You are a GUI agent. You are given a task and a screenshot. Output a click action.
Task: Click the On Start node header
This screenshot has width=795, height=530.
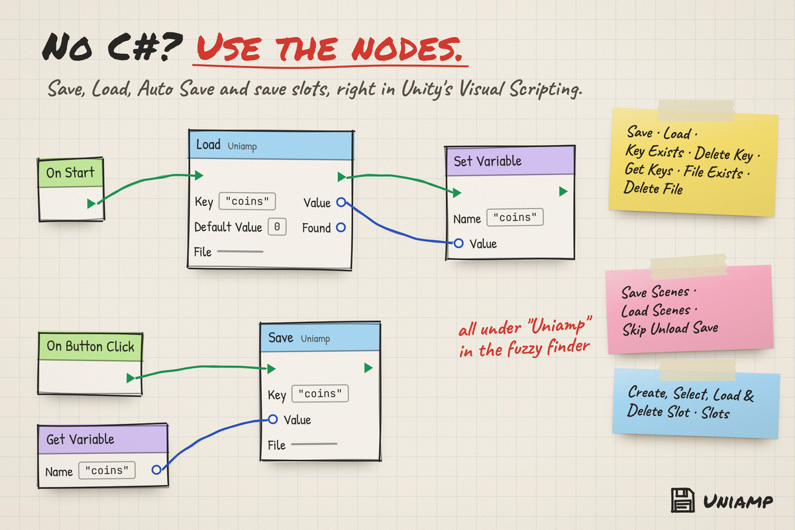click(x=71, y=173)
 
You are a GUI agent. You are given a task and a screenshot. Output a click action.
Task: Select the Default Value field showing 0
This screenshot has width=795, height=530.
click(x=277, y=227)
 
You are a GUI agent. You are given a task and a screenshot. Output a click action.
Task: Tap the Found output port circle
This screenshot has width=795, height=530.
click(x=341, y=227)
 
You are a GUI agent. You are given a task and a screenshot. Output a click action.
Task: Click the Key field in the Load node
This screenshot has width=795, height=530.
click(x=247, y=201)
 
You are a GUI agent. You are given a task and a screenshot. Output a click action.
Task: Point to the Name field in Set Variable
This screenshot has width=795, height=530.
click(x=515, y=217)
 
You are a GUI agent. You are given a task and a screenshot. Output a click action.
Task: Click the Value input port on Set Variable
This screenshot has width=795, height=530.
click(x=458, y=243)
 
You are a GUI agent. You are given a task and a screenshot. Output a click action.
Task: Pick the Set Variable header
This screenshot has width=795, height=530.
click(x=510, y=161)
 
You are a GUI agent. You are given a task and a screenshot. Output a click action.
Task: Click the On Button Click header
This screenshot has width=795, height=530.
click(x=90, y=346)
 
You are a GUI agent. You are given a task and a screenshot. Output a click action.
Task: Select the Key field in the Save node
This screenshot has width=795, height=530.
click(x=320, y=394)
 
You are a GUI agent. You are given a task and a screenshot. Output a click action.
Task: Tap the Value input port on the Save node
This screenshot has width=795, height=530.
click(x=272, y=419)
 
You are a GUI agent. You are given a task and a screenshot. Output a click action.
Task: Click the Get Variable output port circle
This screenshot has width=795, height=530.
click(x=156, y=470)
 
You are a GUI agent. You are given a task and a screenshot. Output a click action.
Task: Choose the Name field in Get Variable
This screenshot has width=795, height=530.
click(x=107, y=470)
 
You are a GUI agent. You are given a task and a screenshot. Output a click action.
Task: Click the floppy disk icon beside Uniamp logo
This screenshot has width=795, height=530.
click(x=682, y=500)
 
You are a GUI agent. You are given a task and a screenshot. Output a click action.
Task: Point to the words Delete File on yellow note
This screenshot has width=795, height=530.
click(x=653, y=187)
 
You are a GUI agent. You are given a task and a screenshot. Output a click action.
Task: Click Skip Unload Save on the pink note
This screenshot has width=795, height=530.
click(x=670, y=329)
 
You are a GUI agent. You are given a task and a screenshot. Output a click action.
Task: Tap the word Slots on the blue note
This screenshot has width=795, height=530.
click(x=715, y=413)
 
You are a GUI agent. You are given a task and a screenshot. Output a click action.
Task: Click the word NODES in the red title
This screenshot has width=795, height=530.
click(x=407, y=48)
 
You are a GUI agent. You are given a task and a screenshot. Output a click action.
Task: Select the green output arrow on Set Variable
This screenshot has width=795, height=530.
click(x=563, y=191)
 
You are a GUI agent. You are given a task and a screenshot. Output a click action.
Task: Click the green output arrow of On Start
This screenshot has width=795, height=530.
click(x=91, y=203)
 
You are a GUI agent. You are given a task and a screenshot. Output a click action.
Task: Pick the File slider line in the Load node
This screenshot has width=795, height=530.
click(x=240, y=251)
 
